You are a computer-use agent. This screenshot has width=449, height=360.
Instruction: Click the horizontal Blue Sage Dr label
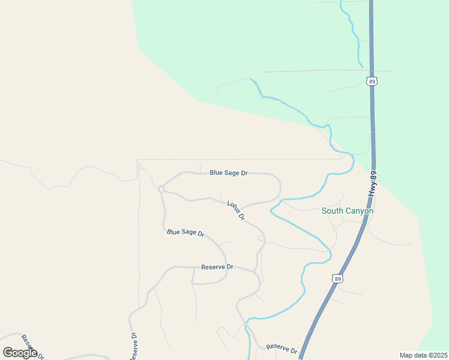[229, 173]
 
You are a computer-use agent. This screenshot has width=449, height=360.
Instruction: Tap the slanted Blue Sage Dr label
[185, 232]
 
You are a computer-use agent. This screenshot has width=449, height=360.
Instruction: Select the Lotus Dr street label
[236, 211]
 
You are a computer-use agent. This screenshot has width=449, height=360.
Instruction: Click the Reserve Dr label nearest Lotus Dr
[217, 267]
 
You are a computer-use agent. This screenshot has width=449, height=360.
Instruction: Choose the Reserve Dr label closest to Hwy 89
[282, 348]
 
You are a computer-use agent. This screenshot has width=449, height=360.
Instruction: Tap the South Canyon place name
[348, 211]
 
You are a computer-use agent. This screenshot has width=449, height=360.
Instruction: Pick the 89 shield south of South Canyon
[337, 278]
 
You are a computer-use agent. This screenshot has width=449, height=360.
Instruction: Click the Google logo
[20, 353]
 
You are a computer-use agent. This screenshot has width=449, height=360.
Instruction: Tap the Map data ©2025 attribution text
[423, 355]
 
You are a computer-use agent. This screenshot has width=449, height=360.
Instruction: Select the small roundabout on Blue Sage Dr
[161, 190]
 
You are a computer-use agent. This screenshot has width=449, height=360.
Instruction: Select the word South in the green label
[333, 211]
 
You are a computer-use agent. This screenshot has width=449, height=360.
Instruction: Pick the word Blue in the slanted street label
[173, 231]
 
